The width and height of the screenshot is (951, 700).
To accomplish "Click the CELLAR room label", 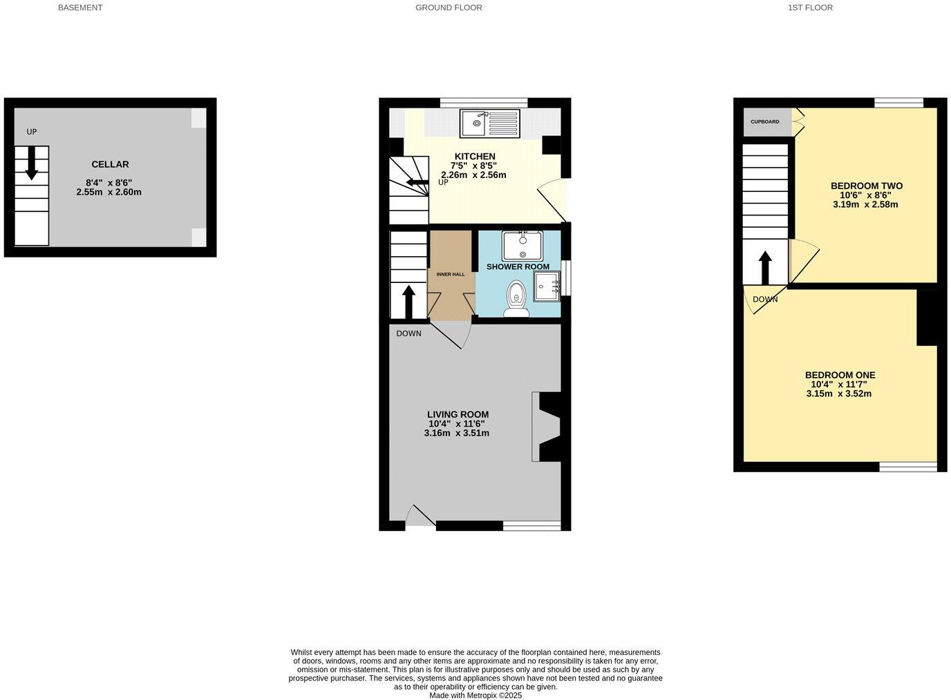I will [110, 164].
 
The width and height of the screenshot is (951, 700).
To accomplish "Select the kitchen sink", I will [489, 124].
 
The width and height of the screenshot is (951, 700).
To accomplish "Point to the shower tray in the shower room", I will [546, 286].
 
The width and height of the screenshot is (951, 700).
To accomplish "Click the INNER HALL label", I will [451, 275].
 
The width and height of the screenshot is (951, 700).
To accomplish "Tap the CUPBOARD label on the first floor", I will [765, 122].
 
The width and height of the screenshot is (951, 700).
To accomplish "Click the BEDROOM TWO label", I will [866, 186].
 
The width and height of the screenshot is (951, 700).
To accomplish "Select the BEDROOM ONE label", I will [840, 376].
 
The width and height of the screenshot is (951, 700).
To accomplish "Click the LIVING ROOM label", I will [458, 415].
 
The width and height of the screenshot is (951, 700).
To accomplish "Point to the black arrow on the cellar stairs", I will [31, 164].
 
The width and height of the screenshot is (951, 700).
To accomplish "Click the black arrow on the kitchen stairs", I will [416, 182].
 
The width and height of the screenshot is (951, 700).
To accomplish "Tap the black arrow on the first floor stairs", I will [765, 267].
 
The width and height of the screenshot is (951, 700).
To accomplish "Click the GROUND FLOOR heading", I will [449, 8].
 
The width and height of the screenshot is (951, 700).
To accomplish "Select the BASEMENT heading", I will [80, 8].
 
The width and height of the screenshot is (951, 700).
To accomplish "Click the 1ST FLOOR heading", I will [810, 8].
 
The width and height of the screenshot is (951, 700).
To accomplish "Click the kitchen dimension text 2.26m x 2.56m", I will [473, 175].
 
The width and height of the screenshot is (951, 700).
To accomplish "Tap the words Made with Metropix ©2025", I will [475, 695].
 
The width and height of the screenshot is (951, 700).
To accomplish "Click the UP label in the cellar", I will [32, 132].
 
